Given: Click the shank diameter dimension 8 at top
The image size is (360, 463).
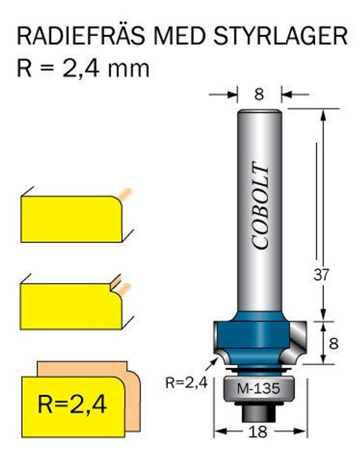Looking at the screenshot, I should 259,94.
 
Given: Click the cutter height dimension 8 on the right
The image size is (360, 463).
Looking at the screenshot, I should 334,344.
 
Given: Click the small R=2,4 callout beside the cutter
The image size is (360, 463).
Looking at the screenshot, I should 186,383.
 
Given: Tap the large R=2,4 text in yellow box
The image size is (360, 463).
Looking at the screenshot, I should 72,404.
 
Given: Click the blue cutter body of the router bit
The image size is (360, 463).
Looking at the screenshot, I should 251,337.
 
